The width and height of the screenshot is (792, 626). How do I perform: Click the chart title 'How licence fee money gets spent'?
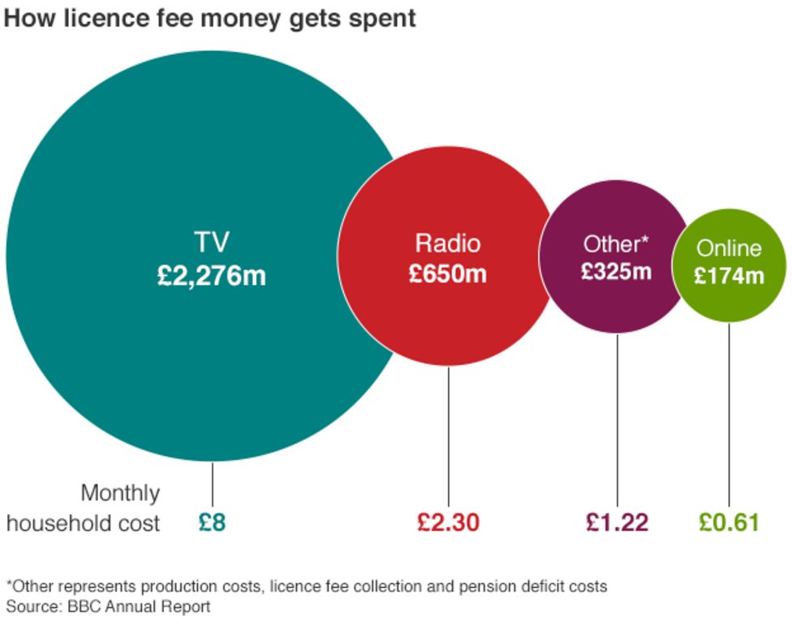pyautogui.click(x=209, y=18)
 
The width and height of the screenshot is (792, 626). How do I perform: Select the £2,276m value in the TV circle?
pyautogui.click(x=212, y=276)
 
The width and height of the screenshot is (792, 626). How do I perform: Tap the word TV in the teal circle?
pyautogui.click(x=212, y=242)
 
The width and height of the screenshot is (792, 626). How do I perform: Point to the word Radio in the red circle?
pyautogui.click(x=448, y=243)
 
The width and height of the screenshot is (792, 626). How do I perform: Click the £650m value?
pyautogui.click(x=448, y=273)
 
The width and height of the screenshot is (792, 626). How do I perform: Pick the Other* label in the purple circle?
pyautogui.click(x=616, y=243)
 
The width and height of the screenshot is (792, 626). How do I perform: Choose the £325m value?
pyautogui.click(x=616, y=271)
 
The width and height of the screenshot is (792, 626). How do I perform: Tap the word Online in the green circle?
pyautogui.click(x=730, y=248)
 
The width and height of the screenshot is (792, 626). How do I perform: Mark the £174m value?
pyautogui.click(x=729, y=276)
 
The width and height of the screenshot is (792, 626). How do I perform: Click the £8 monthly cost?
pyautogui.click(x=212, y=522)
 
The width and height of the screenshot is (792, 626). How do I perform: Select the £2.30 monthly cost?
pyautogui.click(x=449, y=522)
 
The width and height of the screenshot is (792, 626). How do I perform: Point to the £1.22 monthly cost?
pyautogui.click(x=617, y=522)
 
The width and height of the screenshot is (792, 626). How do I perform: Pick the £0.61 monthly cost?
pyautogui.click(x=729, y=522)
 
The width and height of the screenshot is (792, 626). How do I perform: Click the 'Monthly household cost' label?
pyautogui.click(x=84, y=508)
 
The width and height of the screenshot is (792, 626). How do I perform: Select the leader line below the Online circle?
pyautogui.click(x=729, y=414)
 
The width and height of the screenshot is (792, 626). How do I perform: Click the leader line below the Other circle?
pyautogui.click(x=617, y=422)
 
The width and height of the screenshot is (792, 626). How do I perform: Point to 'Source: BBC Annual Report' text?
pyautogui.click(x=108, y=607)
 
